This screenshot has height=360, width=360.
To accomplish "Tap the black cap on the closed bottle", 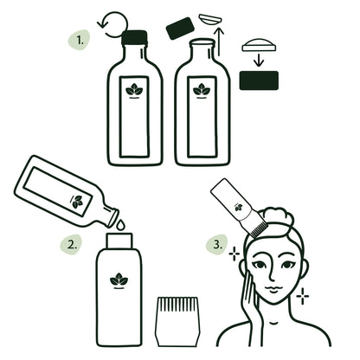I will [134, 37].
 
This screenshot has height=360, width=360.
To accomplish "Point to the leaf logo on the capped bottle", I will [133, 89].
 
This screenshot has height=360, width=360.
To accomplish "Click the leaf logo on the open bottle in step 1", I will [202, 89].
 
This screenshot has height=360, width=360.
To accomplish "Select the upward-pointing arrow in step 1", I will [219, 41].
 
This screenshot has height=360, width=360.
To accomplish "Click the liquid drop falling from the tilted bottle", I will [120, 224].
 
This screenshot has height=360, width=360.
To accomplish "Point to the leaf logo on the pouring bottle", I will [79, 202].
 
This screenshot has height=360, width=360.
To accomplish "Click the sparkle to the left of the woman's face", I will [233, 254].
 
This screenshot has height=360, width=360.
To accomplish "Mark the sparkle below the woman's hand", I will [302, 296].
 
